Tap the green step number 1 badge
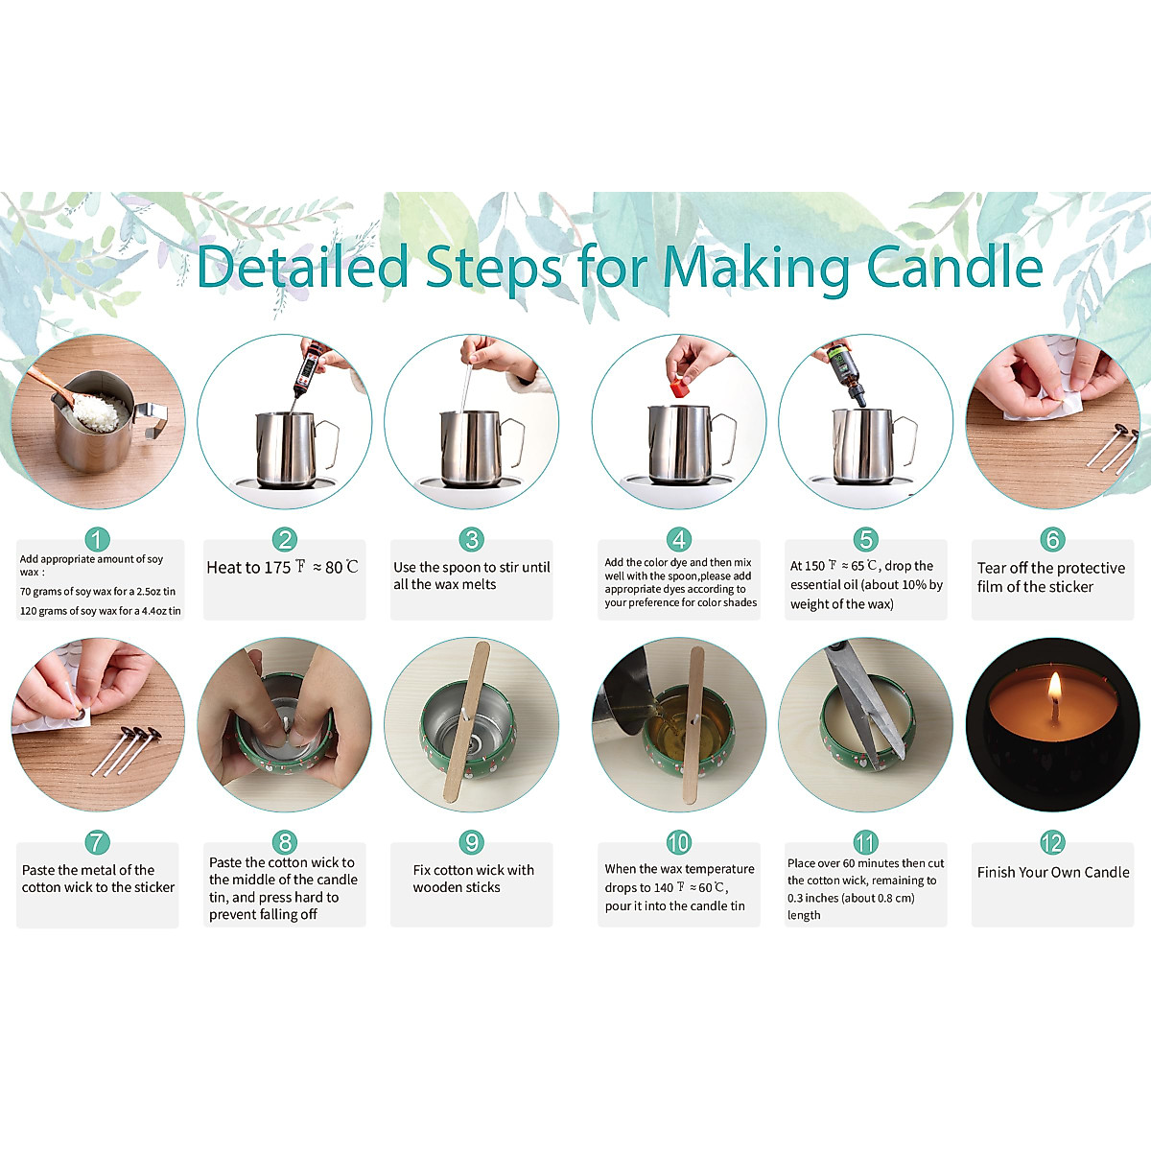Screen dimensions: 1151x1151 98,540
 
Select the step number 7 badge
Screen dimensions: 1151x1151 98,842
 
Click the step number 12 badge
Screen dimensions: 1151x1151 1052,842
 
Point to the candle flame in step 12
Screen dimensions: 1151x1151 1055,687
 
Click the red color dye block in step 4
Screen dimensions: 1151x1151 679,388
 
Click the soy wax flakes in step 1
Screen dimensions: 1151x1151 100,411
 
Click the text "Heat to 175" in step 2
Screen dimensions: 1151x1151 248,567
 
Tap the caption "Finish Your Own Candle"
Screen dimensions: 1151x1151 1052,872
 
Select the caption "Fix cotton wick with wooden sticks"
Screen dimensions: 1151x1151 472,879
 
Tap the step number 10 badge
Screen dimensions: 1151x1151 678,842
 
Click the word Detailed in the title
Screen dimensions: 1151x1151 302,267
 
